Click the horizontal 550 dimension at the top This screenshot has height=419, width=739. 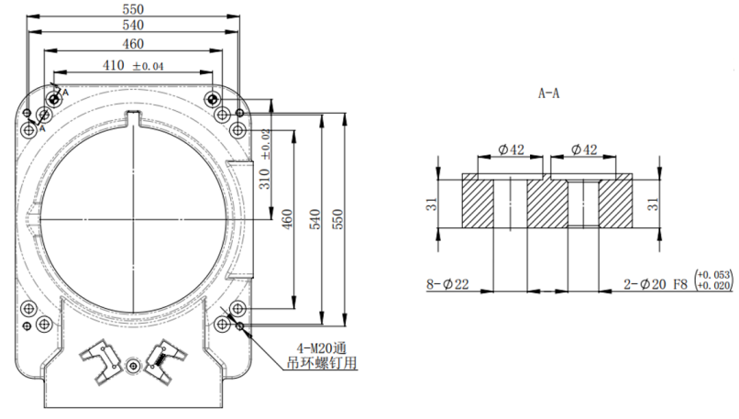pos(133,8)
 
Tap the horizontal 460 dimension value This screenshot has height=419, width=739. pos(133,44)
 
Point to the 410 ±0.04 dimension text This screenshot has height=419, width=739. pos(135,66)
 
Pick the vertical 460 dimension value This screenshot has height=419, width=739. pos(286,221)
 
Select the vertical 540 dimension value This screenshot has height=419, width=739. pos(316,221)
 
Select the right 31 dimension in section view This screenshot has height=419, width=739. pos(654,204)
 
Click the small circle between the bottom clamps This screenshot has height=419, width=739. pos(135,366)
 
